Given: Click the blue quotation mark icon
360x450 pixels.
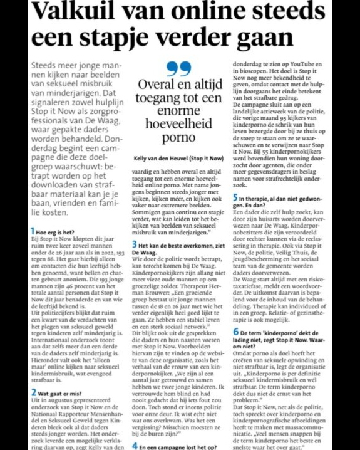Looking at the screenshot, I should tap(178, 69).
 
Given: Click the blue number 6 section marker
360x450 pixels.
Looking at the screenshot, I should tap(234, 331).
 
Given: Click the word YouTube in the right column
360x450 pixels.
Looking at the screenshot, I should tap(308, 65).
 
